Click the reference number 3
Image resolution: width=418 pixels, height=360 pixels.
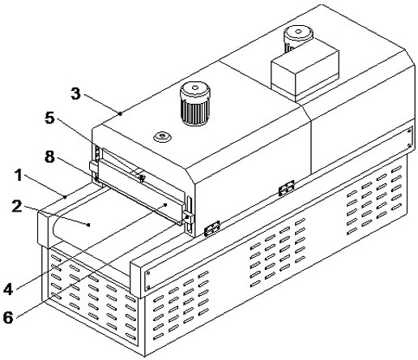click(x=75, y=93)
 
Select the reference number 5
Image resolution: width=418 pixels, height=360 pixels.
click(x=49, y=118)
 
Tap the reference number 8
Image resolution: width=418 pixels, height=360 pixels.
click(x=49, y=156)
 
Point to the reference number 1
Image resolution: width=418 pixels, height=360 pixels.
click(x=19, y=175)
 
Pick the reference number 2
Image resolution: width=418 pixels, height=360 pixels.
click(x=17, y=206)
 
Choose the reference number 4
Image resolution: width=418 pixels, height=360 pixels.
click(x=8, y=289)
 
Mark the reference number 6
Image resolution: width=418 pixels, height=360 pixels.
click(x=8, y=317)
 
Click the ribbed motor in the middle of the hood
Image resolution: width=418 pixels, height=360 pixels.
click(x=195, y=104)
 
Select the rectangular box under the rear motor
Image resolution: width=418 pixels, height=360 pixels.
click(x=305, y=75)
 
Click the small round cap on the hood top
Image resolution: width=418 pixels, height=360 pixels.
click(x=162, y=136)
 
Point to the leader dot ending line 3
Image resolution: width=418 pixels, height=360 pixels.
click(x=121, y=114)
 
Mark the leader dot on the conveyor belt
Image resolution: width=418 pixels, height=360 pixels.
click(x=88, y=225)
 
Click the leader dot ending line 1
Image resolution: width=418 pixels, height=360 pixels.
click(x=65, y=196)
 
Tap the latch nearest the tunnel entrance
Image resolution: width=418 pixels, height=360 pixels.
click(x=212, y=229)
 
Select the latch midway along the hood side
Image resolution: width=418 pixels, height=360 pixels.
click(x=287, y=188)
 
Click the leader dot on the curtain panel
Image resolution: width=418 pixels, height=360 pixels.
click(x=166, y=204)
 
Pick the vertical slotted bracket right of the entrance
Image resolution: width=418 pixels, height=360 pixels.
click(x=189, y=215)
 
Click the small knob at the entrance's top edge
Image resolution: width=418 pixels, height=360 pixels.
click(x=142, y=178)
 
